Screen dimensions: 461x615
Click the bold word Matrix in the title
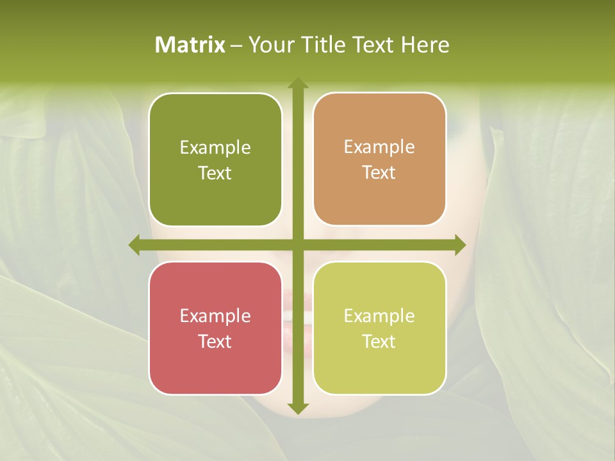click(190, 45)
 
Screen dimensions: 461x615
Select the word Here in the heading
click(425, 45)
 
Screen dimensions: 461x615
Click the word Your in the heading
click(267, 45)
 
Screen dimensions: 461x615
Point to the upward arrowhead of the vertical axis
click(297, 83)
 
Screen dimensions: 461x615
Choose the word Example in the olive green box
click(215, 148)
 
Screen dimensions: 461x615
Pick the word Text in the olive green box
click(215, 173)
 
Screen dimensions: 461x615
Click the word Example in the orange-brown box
click(379, 147)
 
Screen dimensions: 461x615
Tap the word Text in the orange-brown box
click(379, 172)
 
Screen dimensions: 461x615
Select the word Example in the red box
click(215, 316)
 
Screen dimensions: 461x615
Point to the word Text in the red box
click(215, 341)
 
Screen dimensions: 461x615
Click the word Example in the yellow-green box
click(379, 316)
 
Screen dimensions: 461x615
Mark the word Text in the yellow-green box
click(379, 341)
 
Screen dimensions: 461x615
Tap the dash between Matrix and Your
click(236, 45)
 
